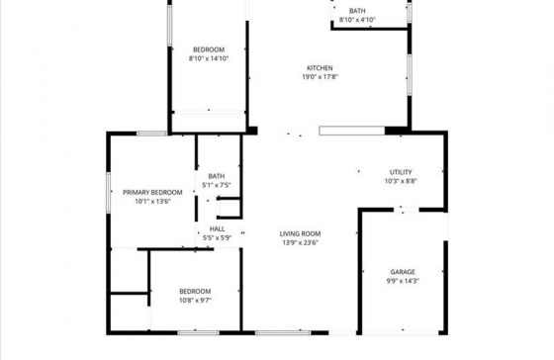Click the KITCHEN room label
(320, 68)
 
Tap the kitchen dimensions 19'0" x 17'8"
(320, 77)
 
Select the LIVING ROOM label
(300, 233)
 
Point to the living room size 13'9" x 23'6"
(301, 242)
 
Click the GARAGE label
(403, 272)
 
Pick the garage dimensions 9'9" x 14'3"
(403, 281)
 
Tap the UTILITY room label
(401, 172)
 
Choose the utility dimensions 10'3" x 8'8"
(401, 181)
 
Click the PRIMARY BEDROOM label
(152, 193)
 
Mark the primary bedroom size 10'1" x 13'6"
(152, 202)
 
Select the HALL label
(217, 228)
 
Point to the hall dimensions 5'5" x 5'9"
(217, 238)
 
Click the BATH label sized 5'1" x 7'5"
(217, 176)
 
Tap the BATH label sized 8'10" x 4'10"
(357, 11)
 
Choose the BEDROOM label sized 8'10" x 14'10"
(209, 49)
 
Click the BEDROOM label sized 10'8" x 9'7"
(195, 292)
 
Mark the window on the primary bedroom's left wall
(109, 192)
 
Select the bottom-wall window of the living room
(283, 332)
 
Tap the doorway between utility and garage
(407, 210)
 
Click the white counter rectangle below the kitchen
(352, 131)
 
